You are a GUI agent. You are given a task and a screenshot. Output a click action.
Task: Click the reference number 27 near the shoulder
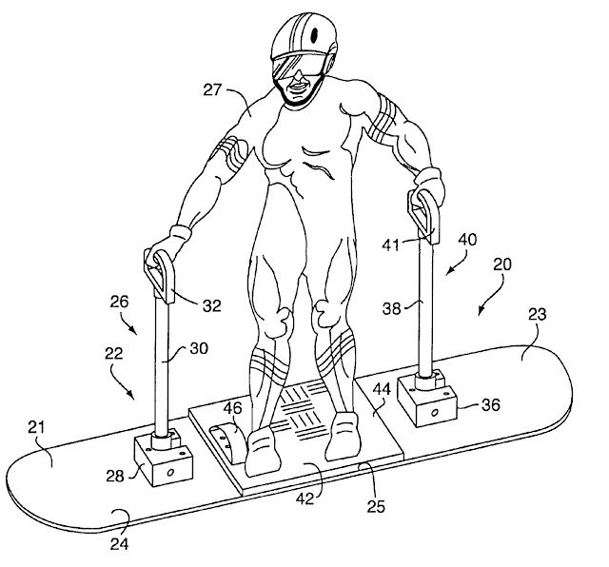click(212, 90)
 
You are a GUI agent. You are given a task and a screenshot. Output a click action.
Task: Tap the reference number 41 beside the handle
click(390, 245)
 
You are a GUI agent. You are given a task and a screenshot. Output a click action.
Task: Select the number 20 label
click(502, 264)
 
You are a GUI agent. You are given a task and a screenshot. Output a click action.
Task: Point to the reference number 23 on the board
click(537, 314)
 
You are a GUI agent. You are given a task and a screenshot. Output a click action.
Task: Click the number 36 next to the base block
click(491, 405)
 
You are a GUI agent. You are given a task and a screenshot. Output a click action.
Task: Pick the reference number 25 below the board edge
click(377, 506)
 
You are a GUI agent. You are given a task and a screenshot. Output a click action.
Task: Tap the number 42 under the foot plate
click(304, 499)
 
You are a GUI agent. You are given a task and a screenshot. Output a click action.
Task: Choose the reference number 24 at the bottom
click(119, 544)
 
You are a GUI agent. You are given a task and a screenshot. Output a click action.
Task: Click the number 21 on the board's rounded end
click(37, 428)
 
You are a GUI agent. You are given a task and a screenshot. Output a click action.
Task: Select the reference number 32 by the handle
click(212, 306)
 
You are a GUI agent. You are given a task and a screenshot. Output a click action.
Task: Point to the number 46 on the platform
click(233, 408)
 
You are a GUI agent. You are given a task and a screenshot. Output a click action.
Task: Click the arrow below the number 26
click(130, 326)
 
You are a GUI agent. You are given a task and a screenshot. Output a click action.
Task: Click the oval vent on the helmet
click(314, 35)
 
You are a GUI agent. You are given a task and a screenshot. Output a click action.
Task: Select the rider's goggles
click(298, 67)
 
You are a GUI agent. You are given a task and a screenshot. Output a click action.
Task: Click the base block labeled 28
click(163, 459)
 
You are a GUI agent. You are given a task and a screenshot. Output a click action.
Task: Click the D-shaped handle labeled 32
click(160, 274)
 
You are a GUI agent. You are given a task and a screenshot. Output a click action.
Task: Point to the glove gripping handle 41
click(429, 186)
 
